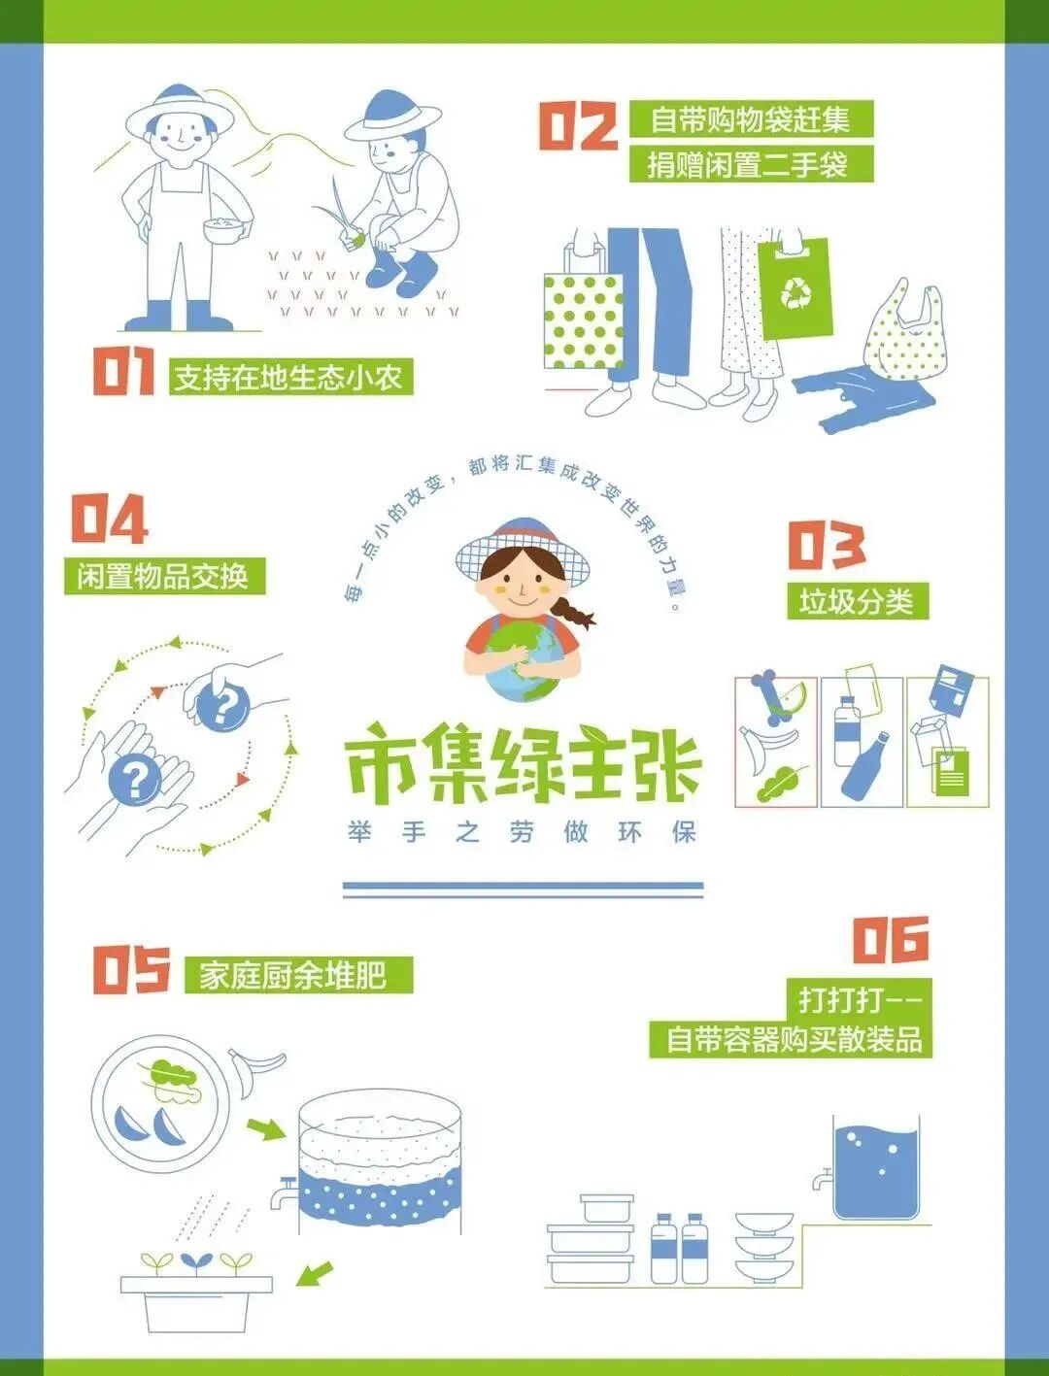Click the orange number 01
point(124,372)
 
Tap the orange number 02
point(578,126)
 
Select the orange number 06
point(891,940)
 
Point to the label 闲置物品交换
point(164,576)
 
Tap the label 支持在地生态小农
point(290,377)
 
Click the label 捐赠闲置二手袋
point(751,165)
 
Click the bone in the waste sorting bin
point(772,698)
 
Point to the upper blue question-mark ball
point(222,708)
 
